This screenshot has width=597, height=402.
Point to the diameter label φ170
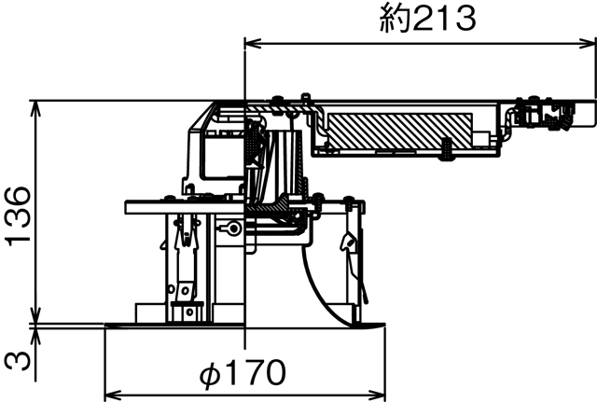[242, 373]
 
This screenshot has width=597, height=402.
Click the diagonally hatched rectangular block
[397, 129]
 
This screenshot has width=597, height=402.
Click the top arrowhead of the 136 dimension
[35, 104]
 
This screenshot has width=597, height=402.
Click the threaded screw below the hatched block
[448, 148]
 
